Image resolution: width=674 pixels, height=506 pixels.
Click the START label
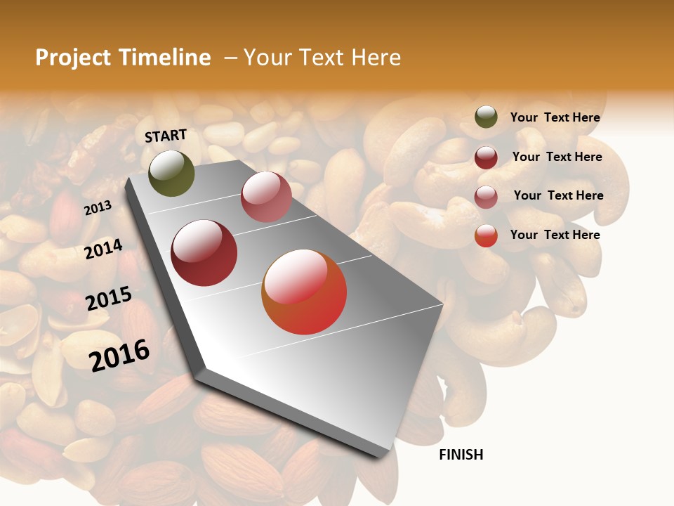[166, 136]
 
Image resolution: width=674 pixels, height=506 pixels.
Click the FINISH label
[461, 455]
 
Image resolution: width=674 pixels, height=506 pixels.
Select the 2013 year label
[98, 208]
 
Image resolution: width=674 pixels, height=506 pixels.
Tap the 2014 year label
[103, 249]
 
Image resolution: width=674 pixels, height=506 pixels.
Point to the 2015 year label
[109, 299]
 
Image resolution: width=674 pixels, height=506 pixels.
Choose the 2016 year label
[119, 355]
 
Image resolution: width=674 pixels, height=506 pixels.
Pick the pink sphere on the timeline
[266, 197]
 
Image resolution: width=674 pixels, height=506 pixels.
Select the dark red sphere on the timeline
[204, 253]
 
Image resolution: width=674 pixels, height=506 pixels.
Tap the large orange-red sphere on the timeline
[304, 292]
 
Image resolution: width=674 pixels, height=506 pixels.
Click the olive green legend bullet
[486, 117]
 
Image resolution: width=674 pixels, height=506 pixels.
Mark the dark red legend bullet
[486, 157]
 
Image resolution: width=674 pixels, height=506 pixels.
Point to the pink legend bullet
[486, 197]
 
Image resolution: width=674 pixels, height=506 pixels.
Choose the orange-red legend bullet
[486, 235]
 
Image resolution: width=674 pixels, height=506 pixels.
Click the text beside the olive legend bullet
[555, 117]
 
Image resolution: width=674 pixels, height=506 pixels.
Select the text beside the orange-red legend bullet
[555, 235]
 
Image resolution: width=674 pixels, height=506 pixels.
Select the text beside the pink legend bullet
[558, 195]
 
